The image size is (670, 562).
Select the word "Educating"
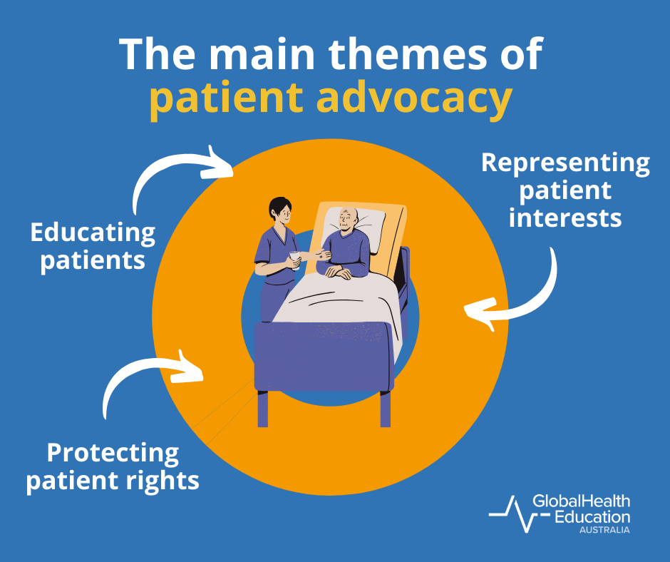93,233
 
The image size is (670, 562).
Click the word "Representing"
565,163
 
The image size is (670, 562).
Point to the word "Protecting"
113,453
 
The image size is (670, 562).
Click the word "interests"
565,217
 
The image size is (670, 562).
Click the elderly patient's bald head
347,217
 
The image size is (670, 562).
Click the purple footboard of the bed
324,357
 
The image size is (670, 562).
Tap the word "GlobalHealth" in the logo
582,502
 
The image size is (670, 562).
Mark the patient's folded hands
340,271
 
